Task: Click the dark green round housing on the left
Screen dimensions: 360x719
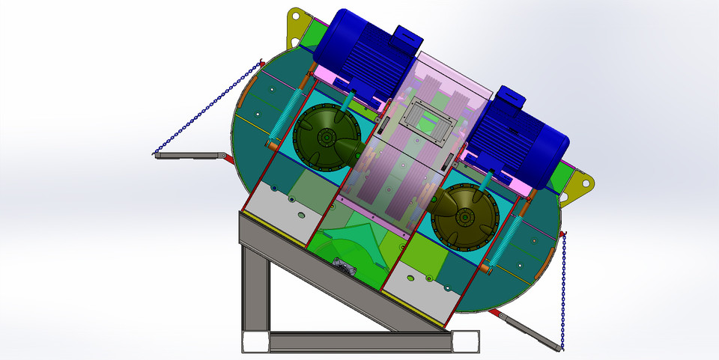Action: (x=322, y=139)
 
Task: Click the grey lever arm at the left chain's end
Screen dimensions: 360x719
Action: (x=191, y=156)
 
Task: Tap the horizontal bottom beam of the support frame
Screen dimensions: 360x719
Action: (x=359, y=342)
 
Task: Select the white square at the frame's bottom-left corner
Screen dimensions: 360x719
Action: (x=255, y=343)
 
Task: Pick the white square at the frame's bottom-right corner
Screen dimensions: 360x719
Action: (x=465, y=342)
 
